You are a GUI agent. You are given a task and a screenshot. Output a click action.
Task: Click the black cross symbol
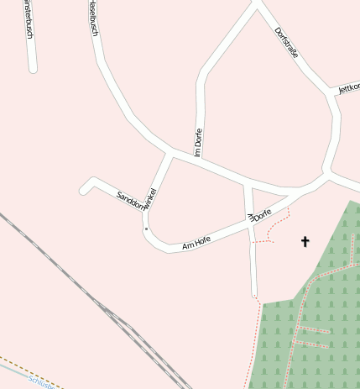click(305, 242)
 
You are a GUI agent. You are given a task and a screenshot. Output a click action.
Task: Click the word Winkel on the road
click(150, 198)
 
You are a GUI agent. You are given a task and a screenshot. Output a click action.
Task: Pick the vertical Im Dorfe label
click(199, 142)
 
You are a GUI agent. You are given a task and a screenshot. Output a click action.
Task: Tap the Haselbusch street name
click(92, 18)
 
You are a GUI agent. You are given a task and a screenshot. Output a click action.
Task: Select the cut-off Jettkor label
click(348, 87)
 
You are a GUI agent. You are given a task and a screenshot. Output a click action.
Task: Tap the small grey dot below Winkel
click(146, 229)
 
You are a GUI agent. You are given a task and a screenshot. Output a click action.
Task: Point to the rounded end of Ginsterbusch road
click(33, 68)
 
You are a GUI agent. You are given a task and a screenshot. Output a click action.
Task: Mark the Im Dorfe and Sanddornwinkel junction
click(173, 154)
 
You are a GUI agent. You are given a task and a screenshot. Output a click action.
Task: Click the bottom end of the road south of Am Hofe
click(254, 295)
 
